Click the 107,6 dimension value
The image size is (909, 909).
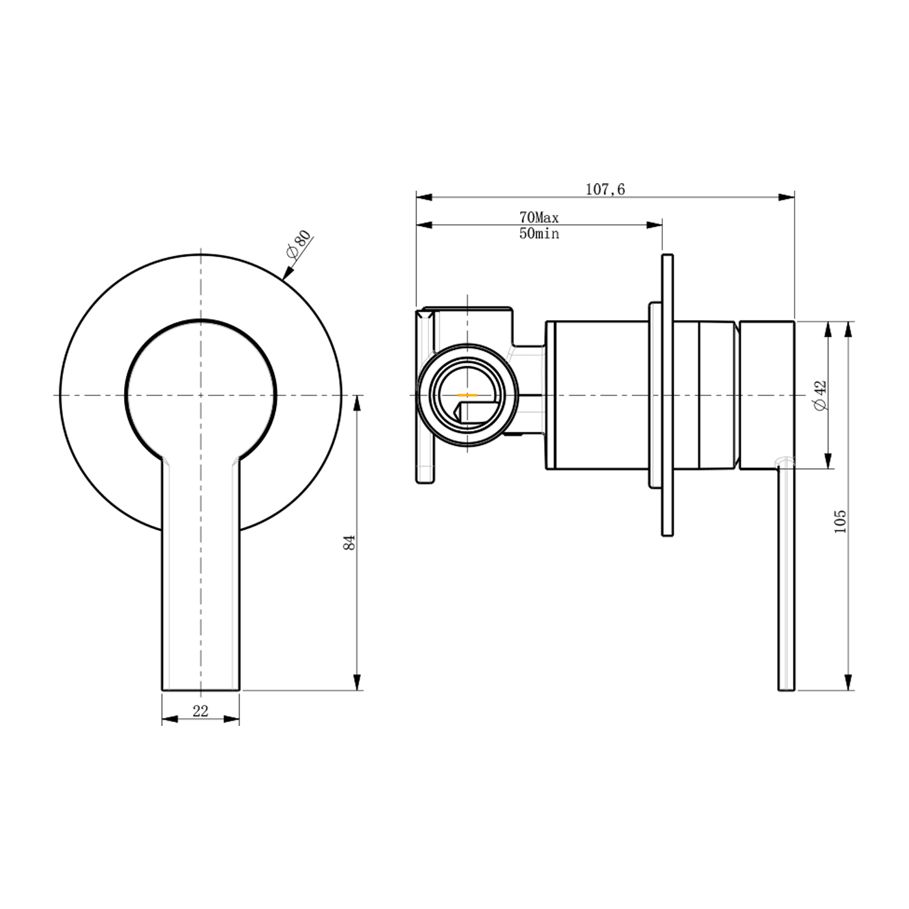click(x=605, y=190)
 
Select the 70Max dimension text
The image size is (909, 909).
click(x=539, y=218)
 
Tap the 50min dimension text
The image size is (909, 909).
click(x=539, y=234)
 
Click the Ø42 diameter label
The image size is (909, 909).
click(x=821, y=395)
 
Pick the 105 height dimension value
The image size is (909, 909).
click(x=840, y=522)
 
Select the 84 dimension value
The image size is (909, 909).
click(x=349, y=542)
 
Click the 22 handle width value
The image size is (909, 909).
click(x=201, y=711)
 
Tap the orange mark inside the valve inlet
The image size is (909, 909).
click(x=467, y=394)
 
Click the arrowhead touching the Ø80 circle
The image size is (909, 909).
click(x=287, y=273)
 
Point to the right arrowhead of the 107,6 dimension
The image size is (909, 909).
click(x=786, y=197)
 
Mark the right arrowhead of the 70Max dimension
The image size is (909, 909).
click(x=654, y=225)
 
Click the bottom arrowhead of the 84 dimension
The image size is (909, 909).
click(x=357, y=682)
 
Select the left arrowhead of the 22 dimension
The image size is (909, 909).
click(x=170, y=719)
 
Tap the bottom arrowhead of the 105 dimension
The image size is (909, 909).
click(x=849, y=682)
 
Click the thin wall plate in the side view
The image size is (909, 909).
click(x=667, y=395)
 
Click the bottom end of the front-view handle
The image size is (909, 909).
click(x=201, y=690)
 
